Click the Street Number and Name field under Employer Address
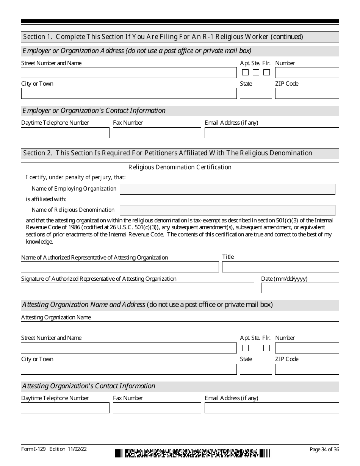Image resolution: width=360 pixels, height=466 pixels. [128, 73]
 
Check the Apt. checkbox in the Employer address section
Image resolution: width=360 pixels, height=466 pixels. [246, 72]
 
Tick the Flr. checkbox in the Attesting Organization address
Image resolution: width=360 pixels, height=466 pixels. [267, 348]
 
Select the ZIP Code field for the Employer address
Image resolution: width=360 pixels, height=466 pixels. [307, 94]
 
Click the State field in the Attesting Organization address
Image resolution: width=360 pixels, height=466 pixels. [256, 369]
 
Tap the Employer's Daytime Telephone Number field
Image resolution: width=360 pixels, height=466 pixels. [65, 133]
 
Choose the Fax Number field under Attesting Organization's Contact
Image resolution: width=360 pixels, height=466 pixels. [157, 408]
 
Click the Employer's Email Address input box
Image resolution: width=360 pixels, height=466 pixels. [272, 133]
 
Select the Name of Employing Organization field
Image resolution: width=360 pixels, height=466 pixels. [227, 189]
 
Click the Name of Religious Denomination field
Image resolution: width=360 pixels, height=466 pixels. [227, 210]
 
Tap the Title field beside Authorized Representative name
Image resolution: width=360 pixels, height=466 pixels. [280, 267]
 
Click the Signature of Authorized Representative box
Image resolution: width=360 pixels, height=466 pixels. [137, 288]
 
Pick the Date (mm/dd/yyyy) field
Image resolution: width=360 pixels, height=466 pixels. [300, 288]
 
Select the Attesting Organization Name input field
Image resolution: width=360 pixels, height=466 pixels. [180, 327]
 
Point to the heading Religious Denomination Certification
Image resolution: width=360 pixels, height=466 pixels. [180, 167]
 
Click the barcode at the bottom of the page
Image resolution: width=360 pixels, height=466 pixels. [193, 453]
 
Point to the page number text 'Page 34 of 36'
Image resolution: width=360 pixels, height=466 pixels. [324, 449]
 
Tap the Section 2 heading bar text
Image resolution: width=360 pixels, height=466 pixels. [167, 153]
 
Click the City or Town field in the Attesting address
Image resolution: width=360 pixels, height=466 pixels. [128, 369]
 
